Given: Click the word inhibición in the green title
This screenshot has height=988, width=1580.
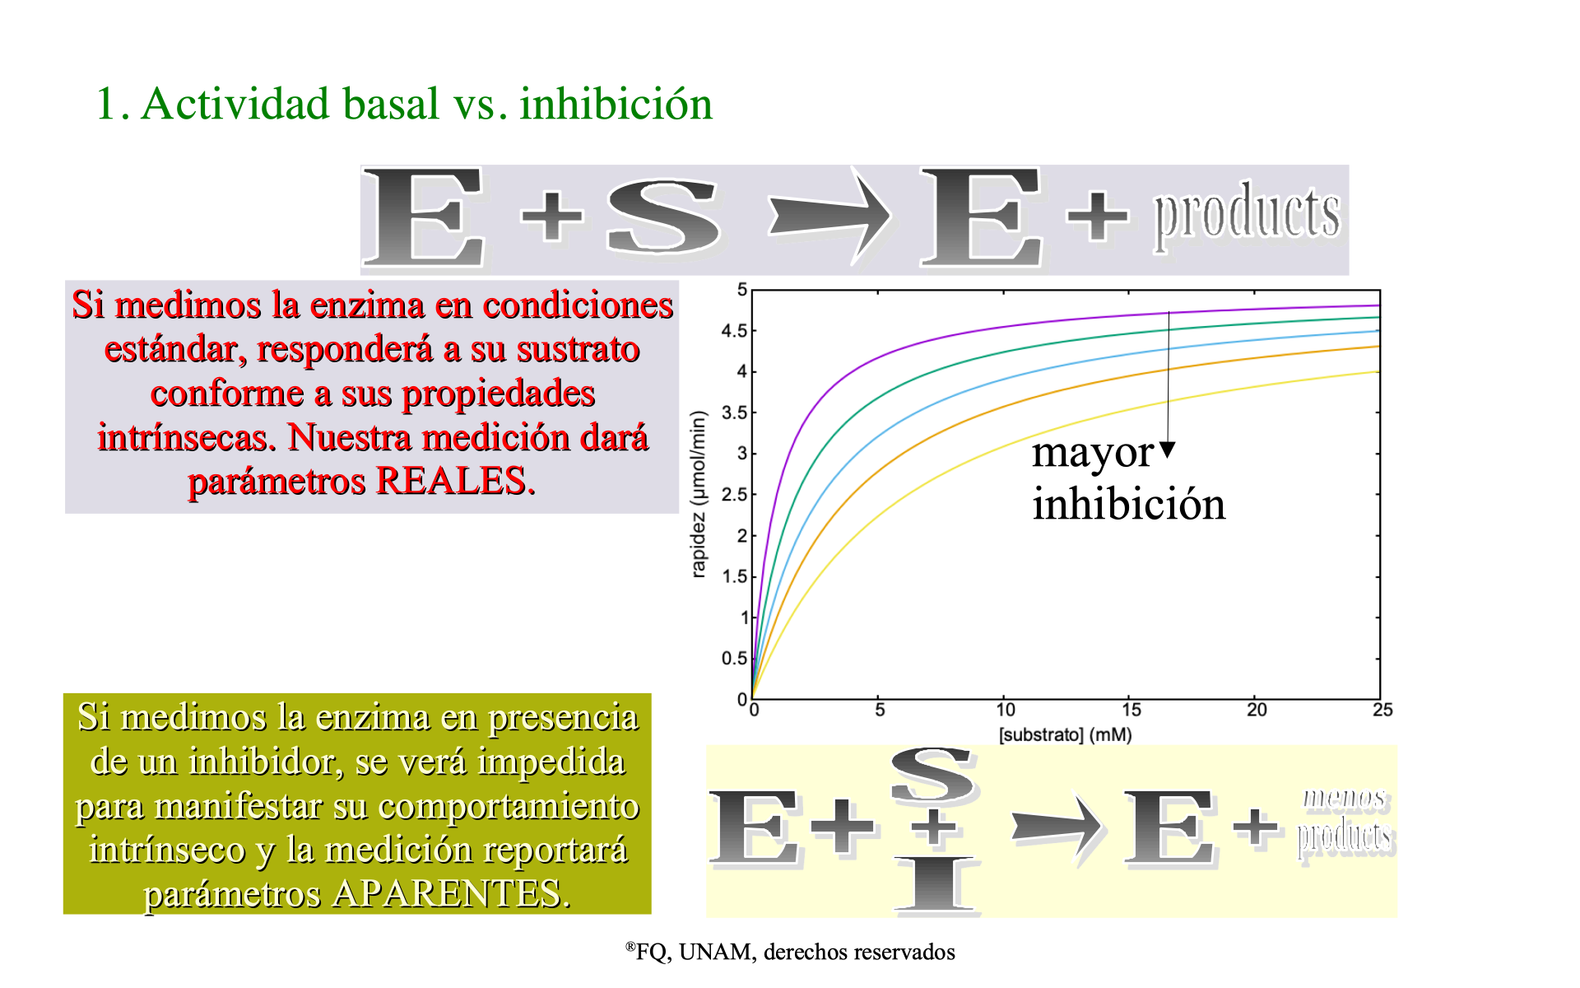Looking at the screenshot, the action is point(616,104).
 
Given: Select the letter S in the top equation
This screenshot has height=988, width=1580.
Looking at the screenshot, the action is point(663,216).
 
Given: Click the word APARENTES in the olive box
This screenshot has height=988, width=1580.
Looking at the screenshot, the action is point(451,893).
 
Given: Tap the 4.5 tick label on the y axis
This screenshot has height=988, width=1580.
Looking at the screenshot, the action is point(734,331).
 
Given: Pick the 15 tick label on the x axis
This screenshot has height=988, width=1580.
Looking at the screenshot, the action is point(1132,710).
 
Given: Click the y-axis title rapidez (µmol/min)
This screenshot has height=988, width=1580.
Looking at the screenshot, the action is point(699,494).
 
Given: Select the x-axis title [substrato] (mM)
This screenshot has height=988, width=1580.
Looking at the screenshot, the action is point(1066,734).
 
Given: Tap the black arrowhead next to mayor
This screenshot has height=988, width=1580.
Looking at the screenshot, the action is point(1168,450).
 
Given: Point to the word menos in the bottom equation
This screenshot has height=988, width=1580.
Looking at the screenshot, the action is point(1345,798).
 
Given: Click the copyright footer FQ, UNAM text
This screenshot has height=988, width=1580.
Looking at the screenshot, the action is point(790,952).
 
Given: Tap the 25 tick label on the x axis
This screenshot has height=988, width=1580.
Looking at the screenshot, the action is point(1382,710).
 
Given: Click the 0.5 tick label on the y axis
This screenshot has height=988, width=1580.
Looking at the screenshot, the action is point(734,659).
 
